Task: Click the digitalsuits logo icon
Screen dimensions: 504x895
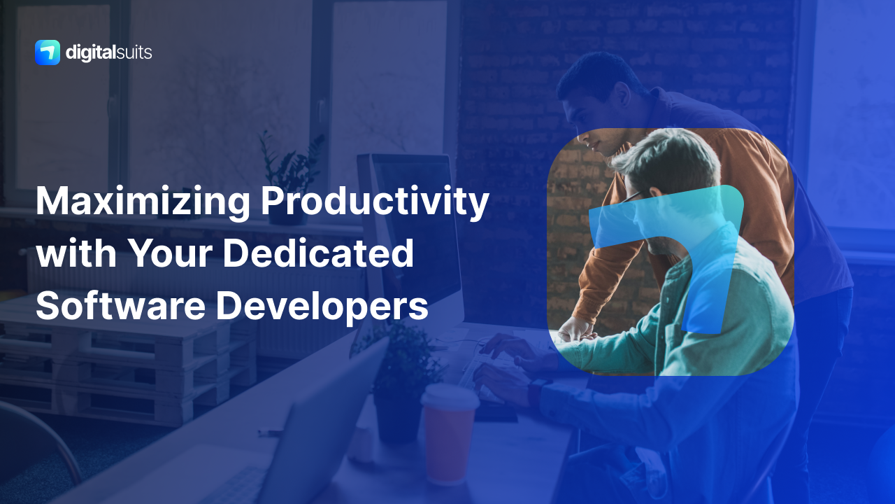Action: pyautogui.click(x=47, y=52)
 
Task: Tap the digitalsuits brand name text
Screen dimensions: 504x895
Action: pyautogui.click(x=108, y=52)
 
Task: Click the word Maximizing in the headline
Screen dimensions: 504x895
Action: pyautogui.click(x=142, y=202)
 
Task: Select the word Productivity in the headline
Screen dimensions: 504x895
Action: pyautogui.click(x=374, y=202)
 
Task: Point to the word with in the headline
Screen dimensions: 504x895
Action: pyautogui.click(x=76, y=254)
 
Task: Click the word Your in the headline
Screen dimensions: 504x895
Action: pyautogui.click(x=175, y=254)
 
